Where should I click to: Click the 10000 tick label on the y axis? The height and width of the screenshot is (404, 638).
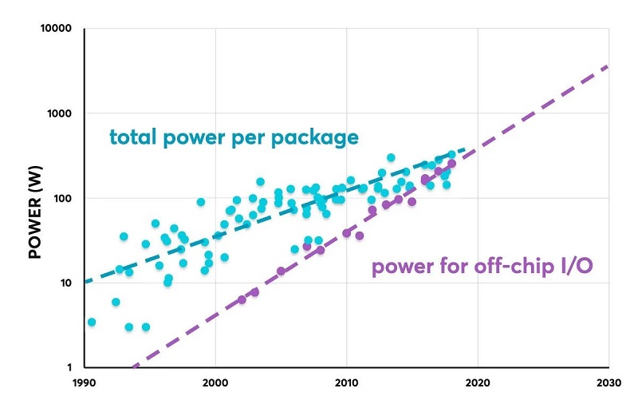click(56, 30)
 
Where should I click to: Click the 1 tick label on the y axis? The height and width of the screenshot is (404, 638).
click(69, 367)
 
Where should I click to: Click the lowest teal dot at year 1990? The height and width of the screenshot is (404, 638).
click(92, 322)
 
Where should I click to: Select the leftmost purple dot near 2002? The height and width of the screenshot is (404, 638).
click(242, 299)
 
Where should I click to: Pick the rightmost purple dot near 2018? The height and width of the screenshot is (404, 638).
click(451, 164)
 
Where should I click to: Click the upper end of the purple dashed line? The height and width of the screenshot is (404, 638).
click(608, 66)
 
